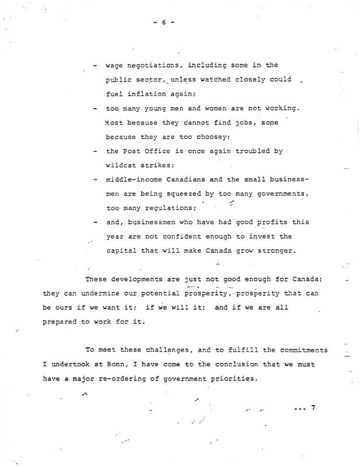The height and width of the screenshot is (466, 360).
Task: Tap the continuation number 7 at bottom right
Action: coord(313,408)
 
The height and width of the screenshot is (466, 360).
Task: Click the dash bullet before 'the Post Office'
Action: coord(94,151)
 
